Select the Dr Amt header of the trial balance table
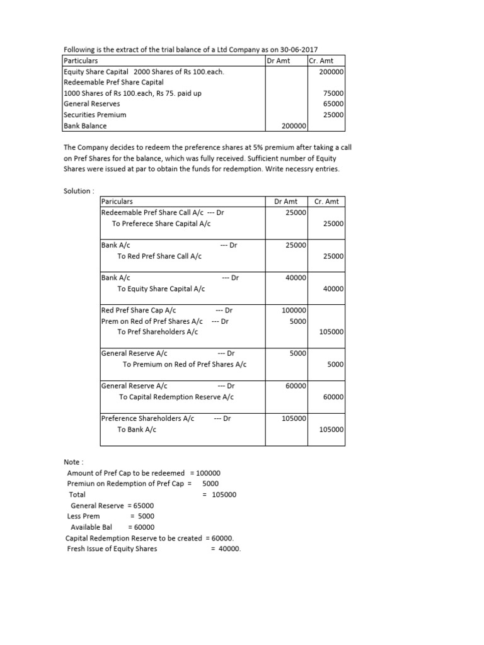279,61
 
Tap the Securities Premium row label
95,115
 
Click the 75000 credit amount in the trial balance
332,93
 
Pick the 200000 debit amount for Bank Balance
292,126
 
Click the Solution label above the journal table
78,191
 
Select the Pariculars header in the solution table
117,202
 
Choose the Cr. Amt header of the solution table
326,202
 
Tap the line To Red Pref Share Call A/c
159,256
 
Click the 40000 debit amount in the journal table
296,278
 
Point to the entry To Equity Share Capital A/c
161,288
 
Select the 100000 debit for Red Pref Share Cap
294,311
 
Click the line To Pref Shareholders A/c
158,332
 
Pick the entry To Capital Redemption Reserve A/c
176,397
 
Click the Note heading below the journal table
73,462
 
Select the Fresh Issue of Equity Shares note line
112,549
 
